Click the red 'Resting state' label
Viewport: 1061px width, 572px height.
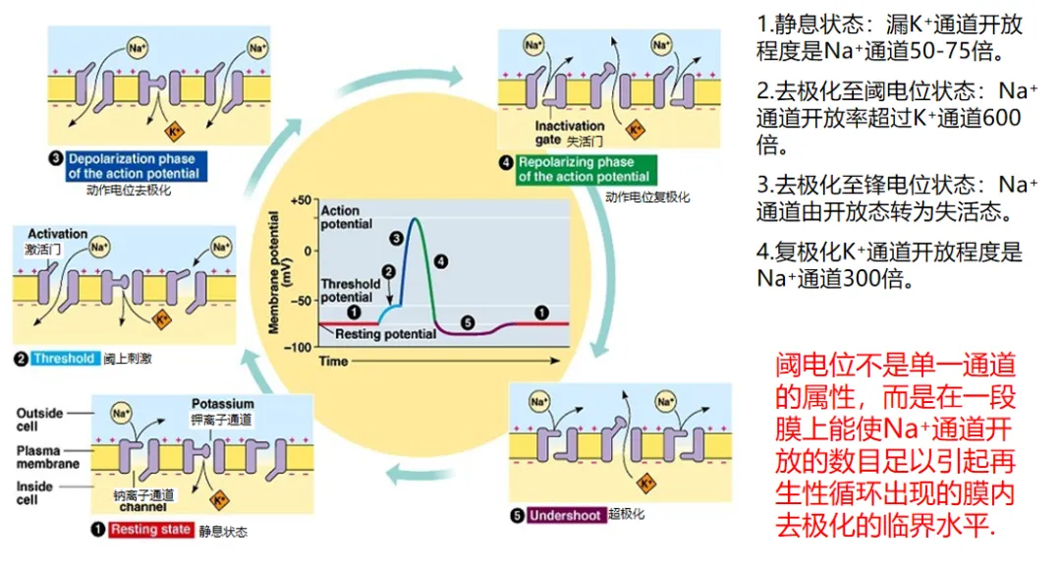click(151, 530)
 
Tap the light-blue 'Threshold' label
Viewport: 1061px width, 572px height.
click(64, 358)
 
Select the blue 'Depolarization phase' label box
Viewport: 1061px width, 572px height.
click(134, 166)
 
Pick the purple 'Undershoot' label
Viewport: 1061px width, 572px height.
click(565, 515)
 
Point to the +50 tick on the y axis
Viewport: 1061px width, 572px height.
click(302, 200)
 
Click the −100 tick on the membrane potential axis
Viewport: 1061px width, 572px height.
click(299, 347)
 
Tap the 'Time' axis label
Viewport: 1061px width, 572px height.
click(333, 362)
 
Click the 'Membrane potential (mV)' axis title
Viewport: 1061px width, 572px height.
click(279, 272)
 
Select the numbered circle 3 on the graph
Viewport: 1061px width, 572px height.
click(397, 238)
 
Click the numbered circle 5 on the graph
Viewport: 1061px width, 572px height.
click(468, 323)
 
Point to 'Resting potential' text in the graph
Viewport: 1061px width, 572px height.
click(386, 334)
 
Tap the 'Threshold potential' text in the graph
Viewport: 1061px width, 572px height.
click(350, 290)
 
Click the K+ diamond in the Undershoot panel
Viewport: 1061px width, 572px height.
click(646, 483)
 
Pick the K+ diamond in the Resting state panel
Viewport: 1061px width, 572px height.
click(219, 500)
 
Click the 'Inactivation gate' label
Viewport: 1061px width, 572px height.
click(569, 133)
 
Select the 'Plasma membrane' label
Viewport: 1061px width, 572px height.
click(47, 457)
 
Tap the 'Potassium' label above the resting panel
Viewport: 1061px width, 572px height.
click(223, 403)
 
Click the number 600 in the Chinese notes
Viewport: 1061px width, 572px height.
click(1001, 118)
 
